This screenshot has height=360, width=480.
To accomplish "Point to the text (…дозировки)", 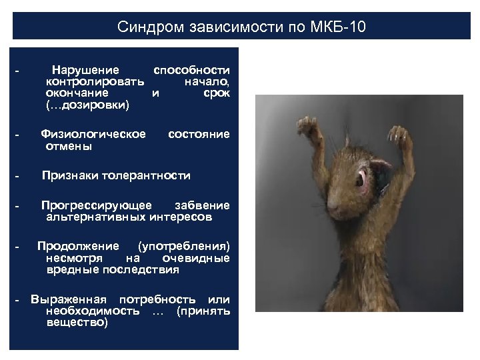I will [88, 105].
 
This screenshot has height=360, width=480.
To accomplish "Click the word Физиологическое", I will [93, 135].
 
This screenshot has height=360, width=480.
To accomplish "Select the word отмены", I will [69, 146].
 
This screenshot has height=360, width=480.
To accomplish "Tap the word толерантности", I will [145, 176].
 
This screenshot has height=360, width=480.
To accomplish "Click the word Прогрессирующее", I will [96, 205].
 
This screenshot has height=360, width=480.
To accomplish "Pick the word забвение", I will [202, 205].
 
